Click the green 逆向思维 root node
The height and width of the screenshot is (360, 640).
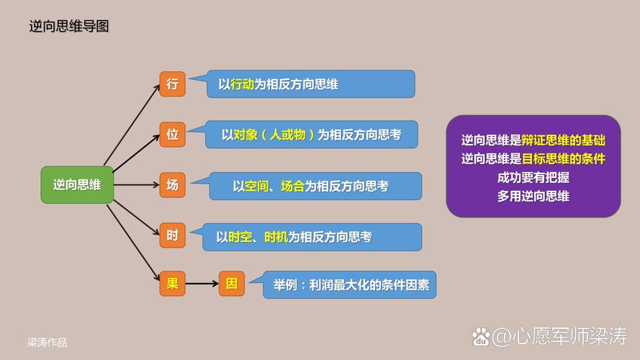click(x=77, y=184)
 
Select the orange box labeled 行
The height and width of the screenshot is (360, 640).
click(x=172, y=84)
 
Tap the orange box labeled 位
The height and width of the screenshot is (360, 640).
click(x=172, y=134)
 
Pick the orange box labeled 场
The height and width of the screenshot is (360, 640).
click(x=172, y=185)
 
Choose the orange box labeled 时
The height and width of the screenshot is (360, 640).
click(x=172, y=235)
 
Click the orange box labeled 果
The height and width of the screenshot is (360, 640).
click(x=172, y=284)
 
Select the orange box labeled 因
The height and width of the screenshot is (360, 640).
click(x=232, y=284)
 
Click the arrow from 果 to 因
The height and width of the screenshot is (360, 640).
click(x=202, y=284)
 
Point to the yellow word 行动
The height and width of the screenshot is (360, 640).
click(x=242, y=84)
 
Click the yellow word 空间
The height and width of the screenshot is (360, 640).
click(x=256, y=186)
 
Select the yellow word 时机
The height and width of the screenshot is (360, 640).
click(x=276, y=236)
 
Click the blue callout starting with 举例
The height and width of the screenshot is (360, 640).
click(x=350, y=284)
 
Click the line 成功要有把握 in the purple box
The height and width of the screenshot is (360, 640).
click(x=533, y=177)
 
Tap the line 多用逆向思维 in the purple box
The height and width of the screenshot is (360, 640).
click(x=533, y=195)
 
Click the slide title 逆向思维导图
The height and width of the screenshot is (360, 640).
click(x=69, y=27)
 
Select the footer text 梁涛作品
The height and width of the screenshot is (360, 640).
click(x=48, y=343)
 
